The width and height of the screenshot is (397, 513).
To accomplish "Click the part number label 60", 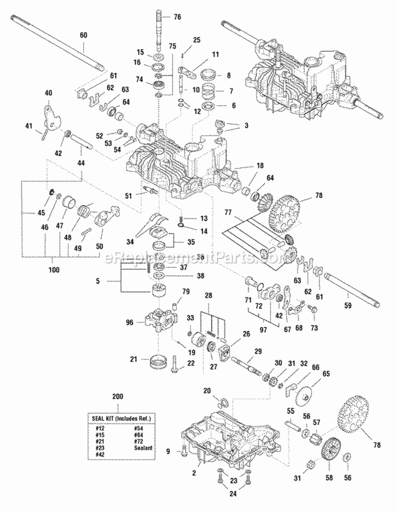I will pyautogui.click(x=83, y=35).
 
